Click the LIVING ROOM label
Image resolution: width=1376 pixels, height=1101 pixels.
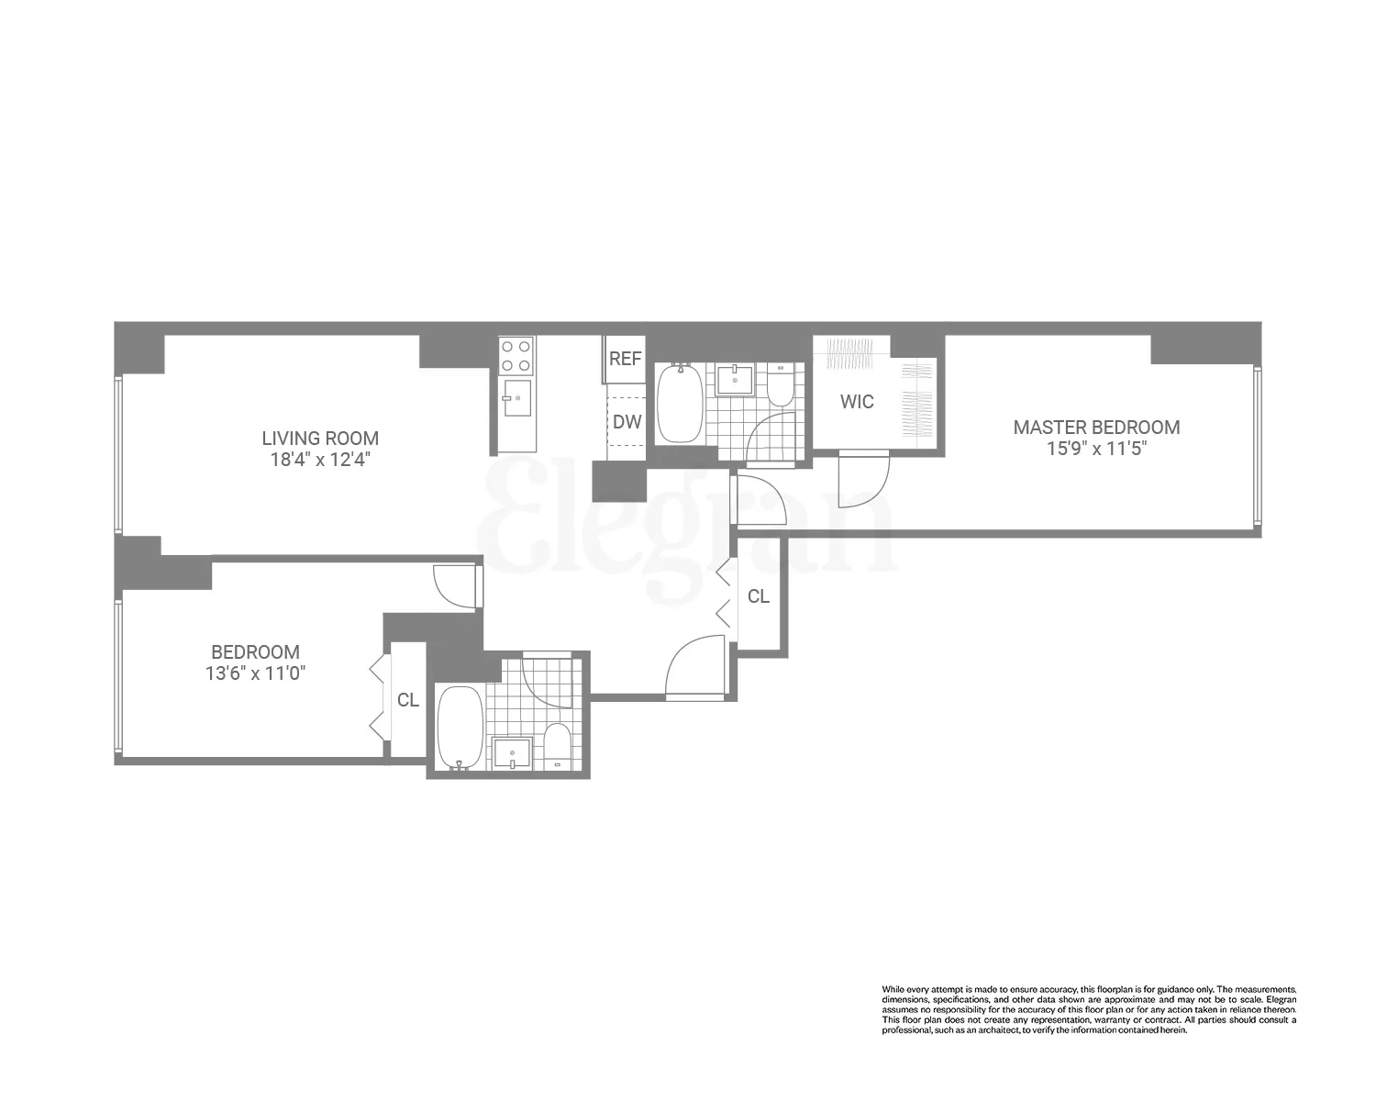point(320,439)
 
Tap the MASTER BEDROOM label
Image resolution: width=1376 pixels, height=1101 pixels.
point(1096,427)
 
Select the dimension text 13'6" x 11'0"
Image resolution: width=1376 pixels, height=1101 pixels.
point(255,673)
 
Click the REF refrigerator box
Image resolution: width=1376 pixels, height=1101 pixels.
point(625,359)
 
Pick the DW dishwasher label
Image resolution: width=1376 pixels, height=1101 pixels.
point(627,422)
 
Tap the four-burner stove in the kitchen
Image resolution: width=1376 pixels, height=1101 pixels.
point(516,356)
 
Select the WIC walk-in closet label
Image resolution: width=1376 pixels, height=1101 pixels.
point(858,402)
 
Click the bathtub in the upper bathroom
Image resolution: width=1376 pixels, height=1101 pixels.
point(680,404)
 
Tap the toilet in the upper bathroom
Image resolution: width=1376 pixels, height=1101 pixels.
point(780,387)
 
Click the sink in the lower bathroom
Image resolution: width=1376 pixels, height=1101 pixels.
point(511,753)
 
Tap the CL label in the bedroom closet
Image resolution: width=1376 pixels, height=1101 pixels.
point(408,700)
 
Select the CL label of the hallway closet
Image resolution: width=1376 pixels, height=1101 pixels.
point(759,596)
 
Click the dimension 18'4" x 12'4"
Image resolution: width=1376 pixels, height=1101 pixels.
point(320,460)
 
